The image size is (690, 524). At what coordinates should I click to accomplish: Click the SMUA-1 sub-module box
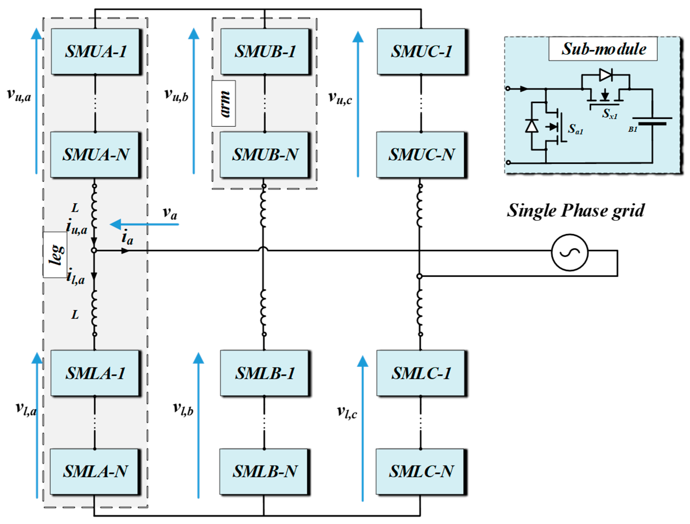[95, 52]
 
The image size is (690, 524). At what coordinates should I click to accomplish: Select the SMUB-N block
[264, 155]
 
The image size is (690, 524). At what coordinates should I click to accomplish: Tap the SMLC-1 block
[421, 373]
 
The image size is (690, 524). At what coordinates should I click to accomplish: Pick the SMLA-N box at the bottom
[95, 471]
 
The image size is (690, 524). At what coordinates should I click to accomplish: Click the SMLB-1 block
[264, 373]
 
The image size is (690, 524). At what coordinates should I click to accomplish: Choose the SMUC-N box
[421, 155]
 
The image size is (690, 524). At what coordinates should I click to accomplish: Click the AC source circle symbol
[570, 252]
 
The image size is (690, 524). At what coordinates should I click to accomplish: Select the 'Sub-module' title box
[603, 49]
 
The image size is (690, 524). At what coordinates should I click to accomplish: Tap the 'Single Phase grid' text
[576, 210]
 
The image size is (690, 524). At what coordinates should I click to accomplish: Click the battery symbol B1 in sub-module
[652, 121]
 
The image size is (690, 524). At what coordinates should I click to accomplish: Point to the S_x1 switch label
[609, 114]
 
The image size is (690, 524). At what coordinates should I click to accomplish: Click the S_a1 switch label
[575, 129]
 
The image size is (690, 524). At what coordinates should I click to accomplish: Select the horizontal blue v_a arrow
[144, 224]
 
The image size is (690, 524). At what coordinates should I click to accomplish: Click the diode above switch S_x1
[605, 75]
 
